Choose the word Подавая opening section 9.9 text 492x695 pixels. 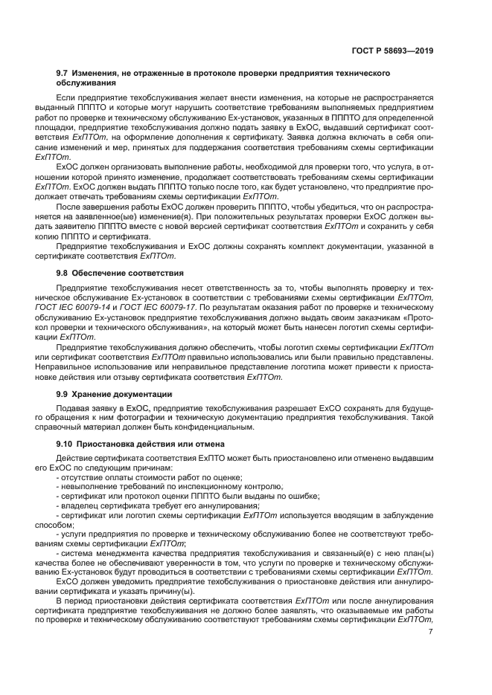(72, 409)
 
